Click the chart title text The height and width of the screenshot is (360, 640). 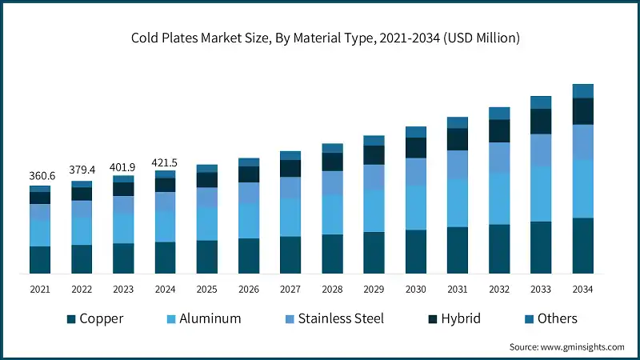pyautogui.click(x=320, y=38)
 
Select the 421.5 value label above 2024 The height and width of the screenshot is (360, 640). pyautogui.click(x=165, y=162)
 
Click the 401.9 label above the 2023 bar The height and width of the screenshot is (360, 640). pyautogui.click(x=123, y=166)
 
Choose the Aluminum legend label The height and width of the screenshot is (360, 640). pyautogui.click(x=210, y=318)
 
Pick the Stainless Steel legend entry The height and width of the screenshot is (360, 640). pyautogui.click(x=341, y=318)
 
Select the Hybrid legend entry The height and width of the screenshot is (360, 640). pyautogui.click(x=460, y=318)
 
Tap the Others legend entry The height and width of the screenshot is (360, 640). pyautogui.click(x=557, y=318)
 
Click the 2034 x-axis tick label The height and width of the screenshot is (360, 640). pyautogui.click(x=582, y=288)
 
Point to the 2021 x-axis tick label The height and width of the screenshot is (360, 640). pyautogui.click(x=40, y=288)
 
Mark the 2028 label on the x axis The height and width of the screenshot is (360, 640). pyautogui.click(x=332, y=288)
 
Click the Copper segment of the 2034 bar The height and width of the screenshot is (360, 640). pyautogui.click(x=582, y=246)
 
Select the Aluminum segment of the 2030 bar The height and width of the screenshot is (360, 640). pyautogui.click(x=415, y=207)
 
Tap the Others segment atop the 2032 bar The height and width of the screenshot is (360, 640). pyautogui.click(x=499, y=113)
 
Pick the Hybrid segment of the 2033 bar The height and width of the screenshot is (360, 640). pyautogui.click(x=541, y=121)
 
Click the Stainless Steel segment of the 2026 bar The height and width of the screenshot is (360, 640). pyautogui.click(x=249, y=193)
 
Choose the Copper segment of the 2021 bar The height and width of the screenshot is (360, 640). pyautogui.click(x=40, y=260)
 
